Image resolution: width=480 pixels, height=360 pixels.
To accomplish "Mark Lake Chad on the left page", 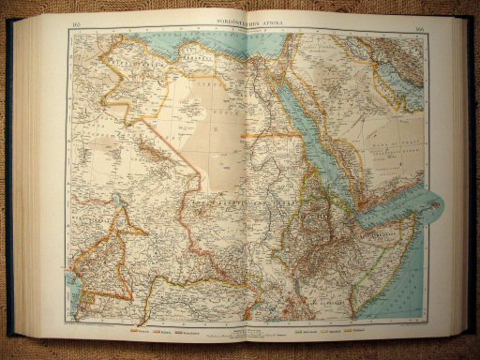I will [x=118, y=201].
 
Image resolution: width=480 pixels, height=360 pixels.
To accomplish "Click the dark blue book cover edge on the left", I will [x=11, y=187].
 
